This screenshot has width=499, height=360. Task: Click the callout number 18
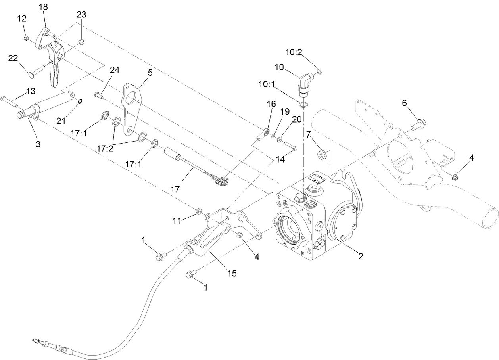point(43,7)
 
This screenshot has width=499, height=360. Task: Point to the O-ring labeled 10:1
point(303,105)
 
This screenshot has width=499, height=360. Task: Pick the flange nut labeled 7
point(321,153)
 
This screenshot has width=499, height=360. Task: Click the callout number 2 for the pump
point(361,256)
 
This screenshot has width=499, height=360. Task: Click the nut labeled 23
point(81,42)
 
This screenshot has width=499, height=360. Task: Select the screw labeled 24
point(98,94)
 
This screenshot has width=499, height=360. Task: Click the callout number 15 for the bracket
point(232,274)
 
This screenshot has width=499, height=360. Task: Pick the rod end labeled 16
point(262,135)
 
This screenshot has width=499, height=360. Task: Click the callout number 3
point(38,144)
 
